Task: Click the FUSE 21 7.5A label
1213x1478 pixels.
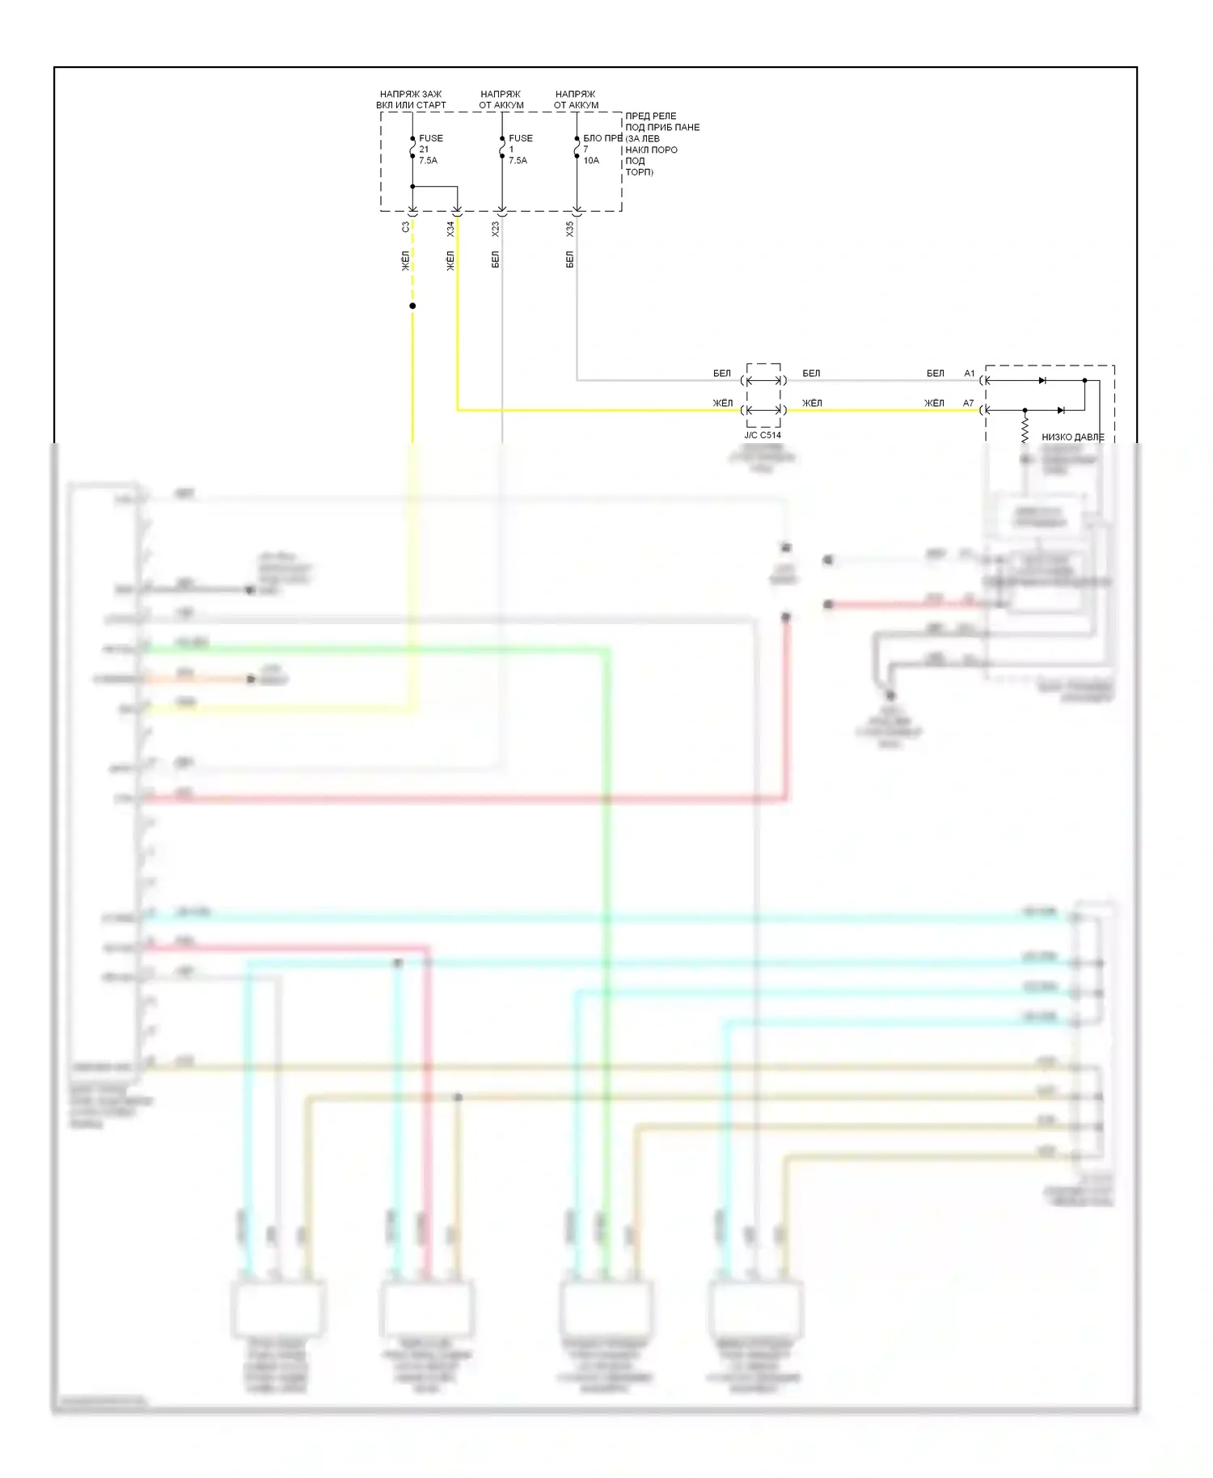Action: [430, 150]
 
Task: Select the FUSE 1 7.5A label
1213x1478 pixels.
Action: [519, 150]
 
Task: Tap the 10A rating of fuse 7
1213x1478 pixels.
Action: [591, 161]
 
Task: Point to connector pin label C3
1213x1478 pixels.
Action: [406, 228]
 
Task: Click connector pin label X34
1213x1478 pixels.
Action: [450, 229]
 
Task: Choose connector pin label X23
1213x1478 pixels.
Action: [496, 229]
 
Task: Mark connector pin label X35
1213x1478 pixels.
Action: [570, 229]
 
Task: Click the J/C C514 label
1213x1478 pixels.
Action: [763, 435]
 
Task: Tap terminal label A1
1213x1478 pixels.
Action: [970, 374]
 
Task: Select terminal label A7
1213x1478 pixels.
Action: [969, 403]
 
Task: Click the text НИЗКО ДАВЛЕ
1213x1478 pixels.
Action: [1072, 437]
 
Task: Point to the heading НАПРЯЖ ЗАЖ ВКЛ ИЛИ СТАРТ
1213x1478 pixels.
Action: [411, 99]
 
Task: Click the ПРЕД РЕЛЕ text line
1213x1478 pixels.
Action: [650, 116]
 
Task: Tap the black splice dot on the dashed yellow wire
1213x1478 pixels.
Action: [412, 306]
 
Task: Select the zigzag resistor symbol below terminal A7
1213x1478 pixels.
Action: [1025, 426]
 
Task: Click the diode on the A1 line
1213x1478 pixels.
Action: [1042, 380]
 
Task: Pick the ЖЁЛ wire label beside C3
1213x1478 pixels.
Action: [406, 260]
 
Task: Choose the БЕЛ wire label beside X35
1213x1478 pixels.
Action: [570, 260]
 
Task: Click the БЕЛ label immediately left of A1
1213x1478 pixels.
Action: [936, 374]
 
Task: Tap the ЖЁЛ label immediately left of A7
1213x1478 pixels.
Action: [935, 403]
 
